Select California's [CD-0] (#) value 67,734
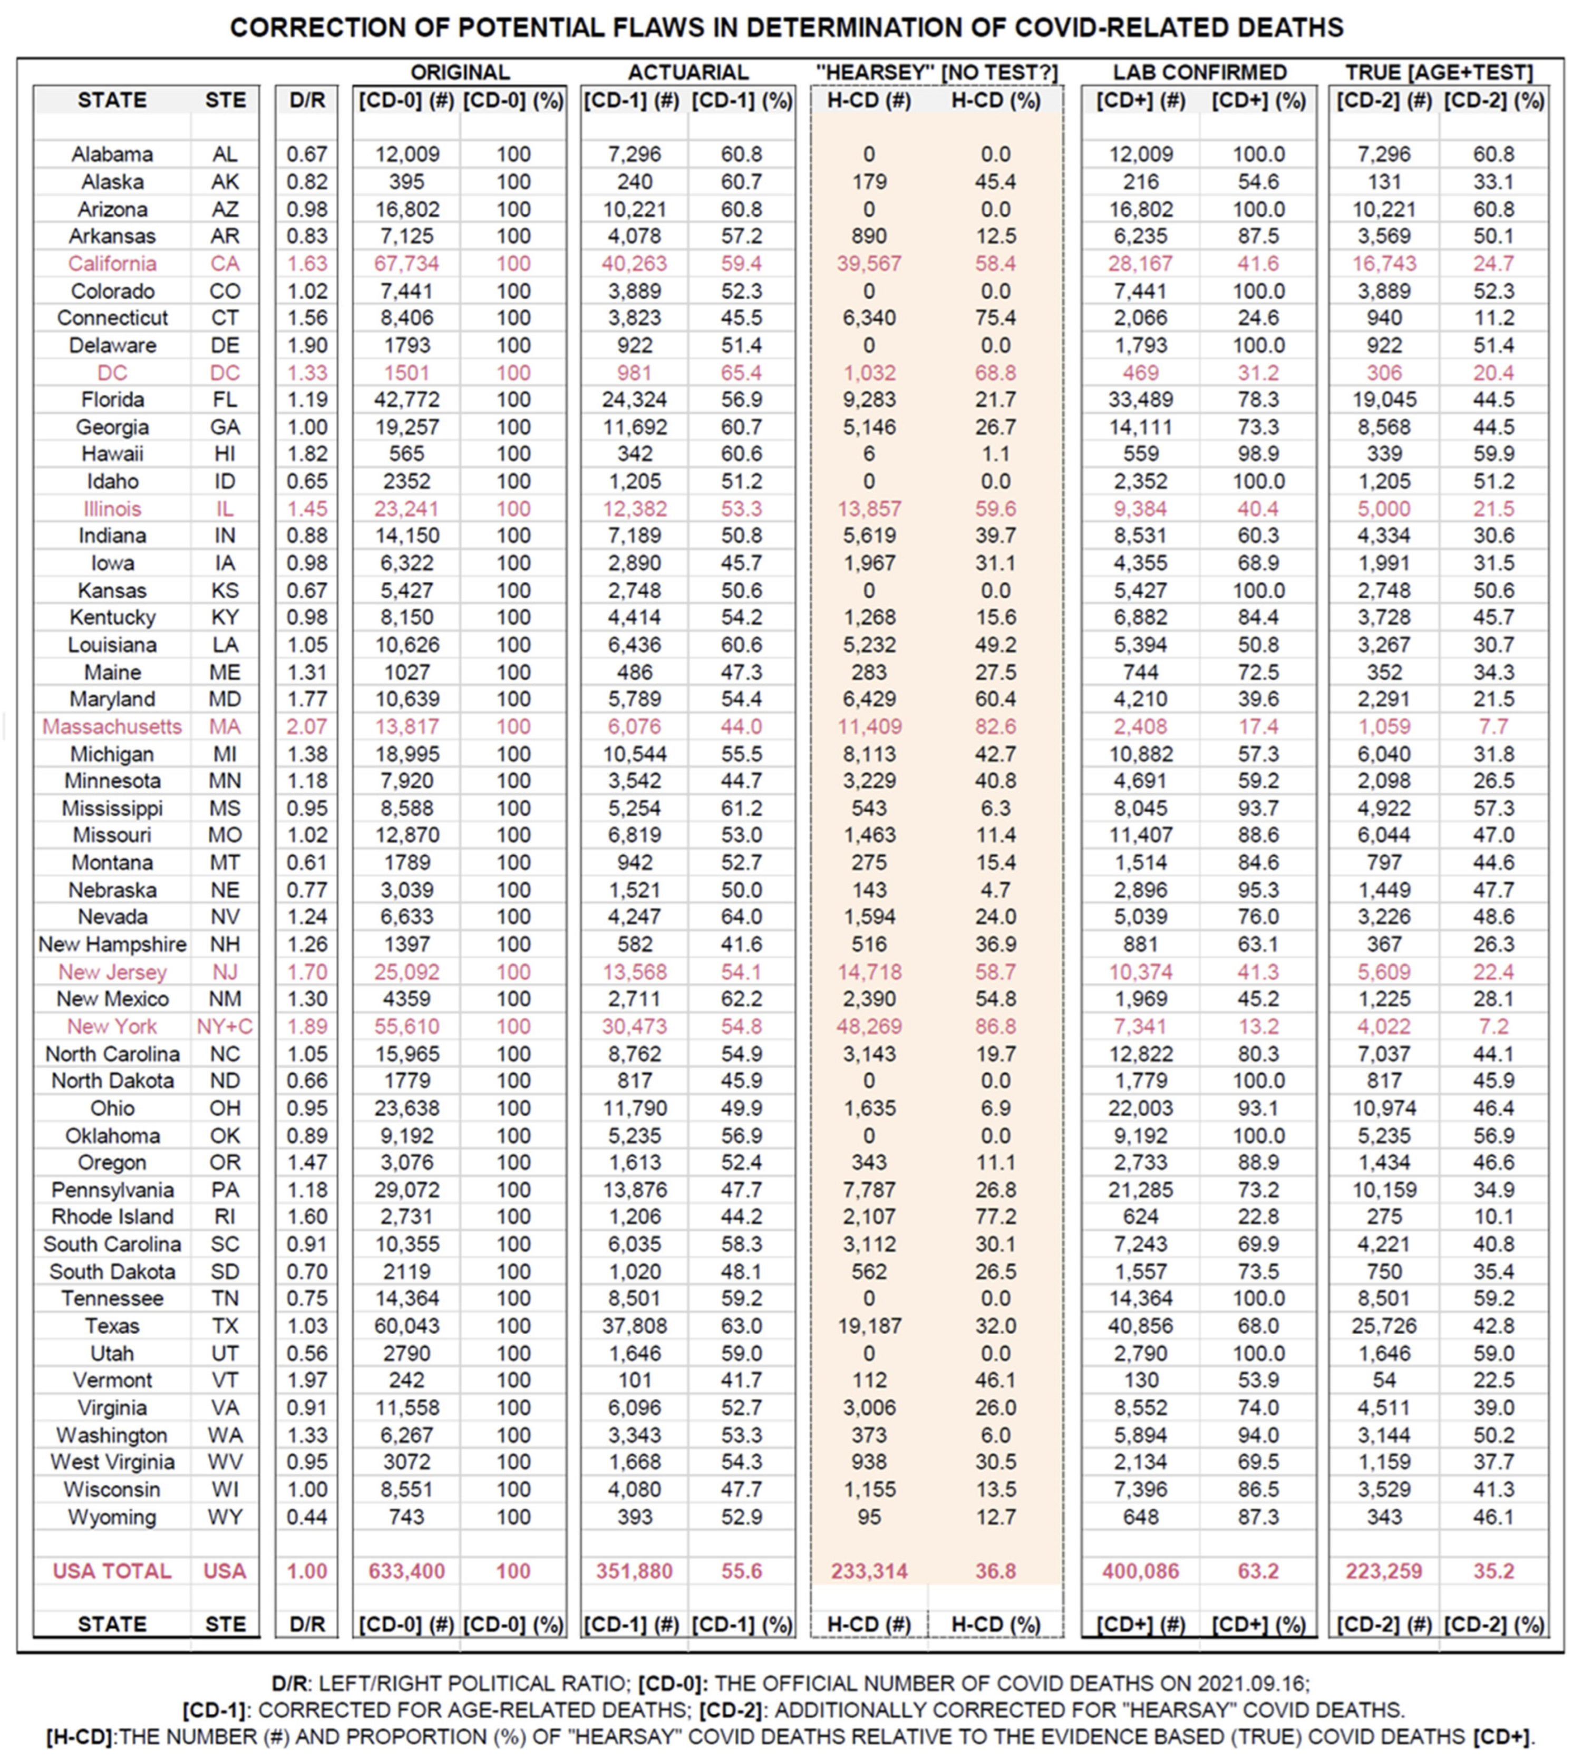407,264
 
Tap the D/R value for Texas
307,1326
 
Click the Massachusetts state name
112,727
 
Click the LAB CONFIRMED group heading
1199,72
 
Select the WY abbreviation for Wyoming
225,1517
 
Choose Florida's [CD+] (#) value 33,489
1140,400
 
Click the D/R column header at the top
307,101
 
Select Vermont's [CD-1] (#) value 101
635,1380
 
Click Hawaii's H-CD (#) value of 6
869,454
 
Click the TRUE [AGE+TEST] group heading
1439,72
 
